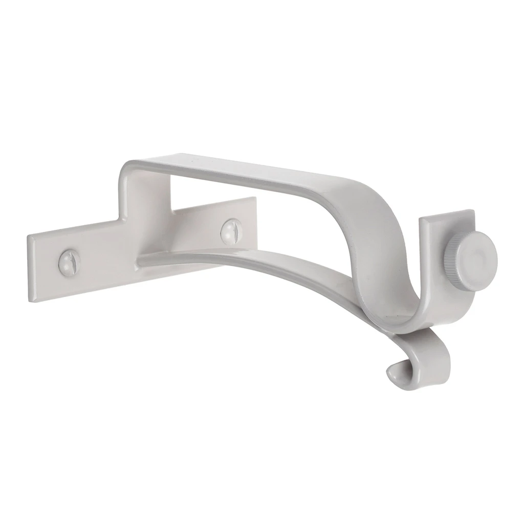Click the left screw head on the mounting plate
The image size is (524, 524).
click(70, 261)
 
